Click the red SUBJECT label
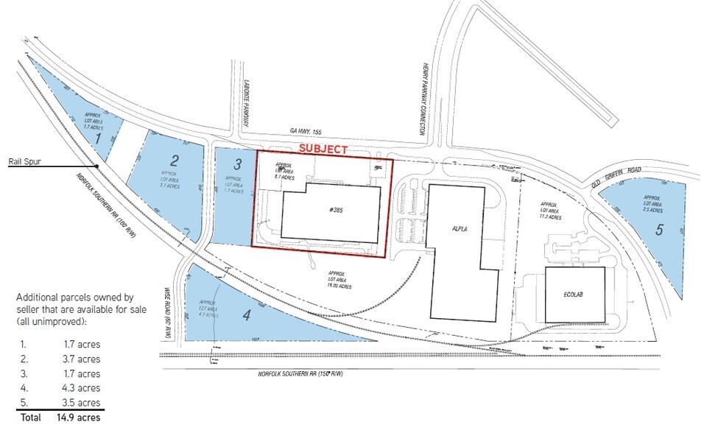click(x=322, y=149)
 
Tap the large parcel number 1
click(x=97, y=137)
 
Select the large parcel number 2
click(x=175, y=160)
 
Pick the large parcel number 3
click(x=237, y=163)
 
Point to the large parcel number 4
click(x=247, y=315)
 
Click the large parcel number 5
click(x=659, y=229)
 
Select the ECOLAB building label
click(x=575, y=292)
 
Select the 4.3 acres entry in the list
click(x=81, y=388)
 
